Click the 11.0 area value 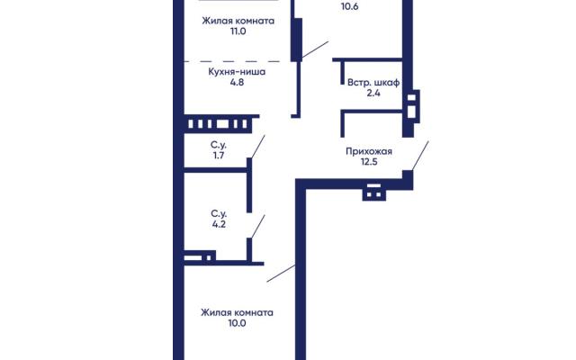238,31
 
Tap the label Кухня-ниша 237,72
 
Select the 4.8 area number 237,82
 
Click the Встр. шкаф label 373,83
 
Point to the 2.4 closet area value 373,93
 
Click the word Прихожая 369,151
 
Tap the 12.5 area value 369,162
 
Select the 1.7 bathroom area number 219,156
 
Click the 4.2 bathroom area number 219,224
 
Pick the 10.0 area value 237,323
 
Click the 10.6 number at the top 350,6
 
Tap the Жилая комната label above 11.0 238,21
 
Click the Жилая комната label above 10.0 237,312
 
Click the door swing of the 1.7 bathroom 258,147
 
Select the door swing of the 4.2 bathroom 258,227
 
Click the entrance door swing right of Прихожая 420,156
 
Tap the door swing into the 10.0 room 281,274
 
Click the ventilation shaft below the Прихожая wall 374,192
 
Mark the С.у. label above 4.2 219,214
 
